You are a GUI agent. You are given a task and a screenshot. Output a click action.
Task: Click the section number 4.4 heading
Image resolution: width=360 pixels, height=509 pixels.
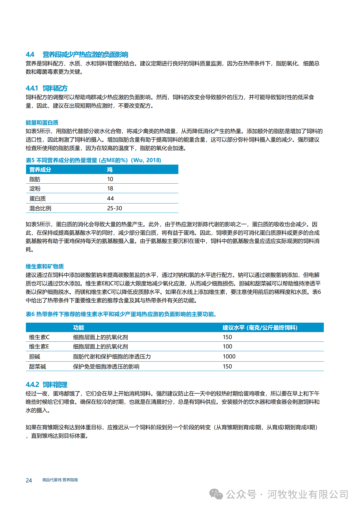(30, 54)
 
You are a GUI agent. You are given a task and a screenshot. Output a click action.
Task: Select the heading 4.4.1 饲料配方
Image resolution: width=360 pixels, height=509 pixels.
(47, 88)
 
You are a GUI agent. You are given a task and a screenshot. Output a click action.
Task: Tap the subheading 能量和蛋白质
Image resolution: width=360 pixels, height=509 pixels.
(42, 123)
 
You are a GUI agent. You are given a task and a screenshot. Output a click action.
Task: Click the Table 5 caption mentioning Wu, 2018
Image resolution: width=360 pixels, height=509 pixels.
(93, 160)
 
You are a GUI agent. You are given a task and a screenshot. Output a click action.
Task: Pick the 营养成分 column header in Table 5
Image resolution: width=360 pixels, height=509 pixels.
(40, 170)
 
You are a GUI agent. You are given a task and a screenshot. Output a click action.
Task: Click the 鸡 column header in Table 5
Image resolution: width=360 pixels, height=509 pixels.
(110, 170)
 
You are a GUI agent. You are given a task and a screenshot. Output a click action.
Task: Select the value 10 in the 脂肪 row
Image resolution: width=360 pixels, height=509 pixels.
(110, 179)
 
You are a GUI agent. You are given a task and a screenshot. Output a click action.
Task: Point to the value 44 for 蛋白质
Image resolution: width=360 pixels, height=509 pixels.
(110, 198)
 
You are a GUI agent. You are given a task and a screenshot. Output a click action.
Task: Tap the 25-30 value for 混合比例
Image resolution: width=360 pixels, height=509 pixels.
(114, 208)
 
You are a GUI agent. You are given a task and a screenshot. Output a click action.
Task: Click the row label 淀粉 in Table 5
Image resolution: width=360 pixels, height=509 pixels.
(35, 189)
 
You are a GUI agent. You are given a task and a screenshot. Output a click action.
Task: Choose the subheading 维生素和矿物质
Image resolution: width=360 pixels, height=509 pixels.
(45, 266)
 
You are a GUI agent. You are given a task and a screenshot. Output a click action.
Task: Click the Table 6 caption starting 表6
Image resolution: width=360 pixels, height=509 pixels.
(121, 314)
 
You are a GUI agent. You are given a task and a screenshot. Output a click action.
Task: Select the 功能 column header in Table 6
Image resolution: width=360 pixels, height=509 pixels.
(79, 328)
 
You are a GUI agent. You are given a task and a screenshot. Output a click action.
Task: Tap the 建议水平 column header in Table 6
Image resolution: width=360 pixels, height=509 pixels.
(260, 328)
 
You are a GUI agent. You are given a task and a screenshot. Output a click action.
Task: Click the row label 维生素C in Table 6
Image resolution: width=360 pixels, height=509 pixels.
(39, 337)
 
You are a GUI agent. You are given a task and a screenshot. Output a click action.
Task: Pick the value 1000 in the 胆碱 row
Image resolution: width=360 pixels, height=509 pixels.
(229, 356)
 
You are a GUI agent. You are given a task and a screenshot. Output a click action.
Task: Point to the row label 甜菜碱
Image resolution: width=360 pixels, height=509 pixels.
(37, 367)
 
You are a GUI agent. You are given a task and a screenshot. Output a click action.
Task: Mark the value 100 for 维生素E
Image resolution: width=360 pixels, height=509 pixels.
(227, 347)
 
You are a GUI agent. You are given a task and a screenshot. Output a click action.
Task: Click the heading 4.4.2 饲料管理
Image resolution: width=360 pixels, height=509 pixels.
(47, 385)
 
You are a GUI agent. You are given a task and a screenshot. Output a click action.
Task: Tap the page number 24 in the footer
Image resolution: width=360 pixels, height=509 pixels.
(29, 480)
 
